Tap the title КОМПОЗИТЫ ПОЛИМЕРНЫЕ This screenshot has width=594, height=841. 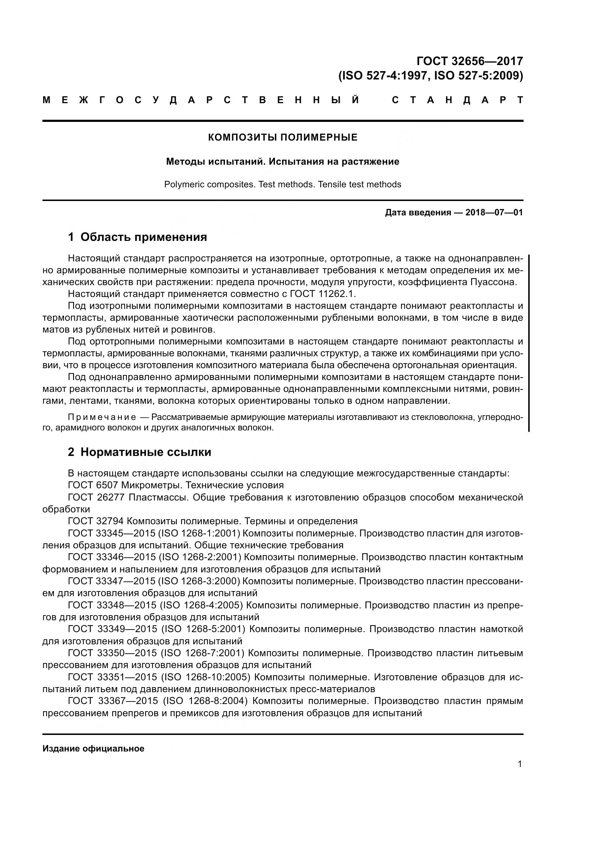282,137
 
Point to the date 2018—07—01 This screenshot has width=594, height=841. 494,212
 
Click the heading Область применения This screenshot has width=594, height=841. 143,237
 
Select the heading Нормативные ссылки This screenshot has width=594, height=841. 146,452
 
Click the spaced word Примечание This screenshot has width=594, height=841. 102,417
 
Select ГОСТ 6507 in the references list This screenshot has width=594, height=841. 93,485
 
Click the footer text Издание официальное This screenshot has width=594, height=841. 93,748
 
